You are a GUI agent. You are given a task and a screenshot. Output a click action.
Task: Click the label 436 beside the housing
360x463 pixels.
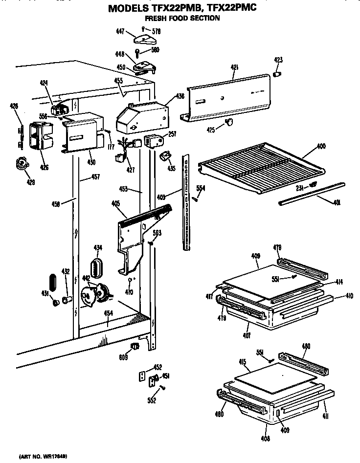(x=180, y=97)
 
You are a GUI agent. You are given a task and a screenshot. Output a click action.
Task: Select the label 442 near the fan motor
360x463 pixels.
(x=86, y=278)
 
